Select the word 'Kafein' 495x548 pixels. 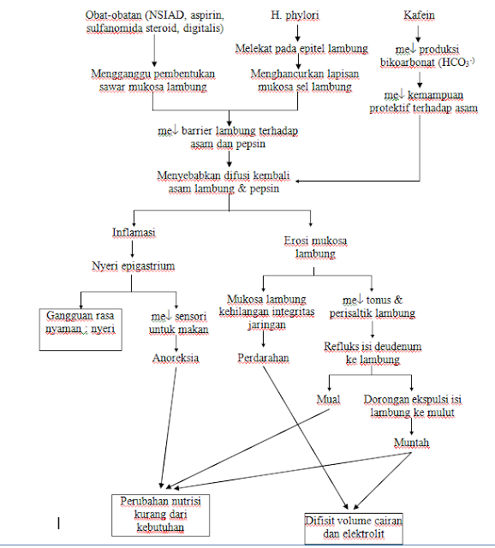click(420, 15)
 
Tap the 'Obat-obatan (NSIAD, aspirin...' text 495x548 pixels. click(154, 22)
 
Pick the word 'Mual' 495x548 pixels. click(328, 399)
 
